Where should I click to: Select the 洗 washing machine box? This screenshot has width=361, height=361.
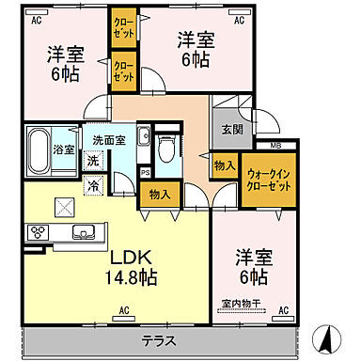[92, 160]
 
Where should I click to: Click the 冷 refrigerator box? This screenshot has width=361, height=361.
[94, 186]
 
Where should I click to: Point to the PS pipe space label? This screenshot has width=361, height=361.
[145, 172]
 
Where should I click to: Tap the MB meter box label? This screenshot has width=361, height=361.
[275, 144]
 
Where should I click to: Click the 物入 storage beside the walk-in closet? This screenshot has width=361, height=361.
[223, 165]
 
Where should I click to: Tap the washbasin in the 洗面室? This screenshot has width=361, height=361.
[143, 139]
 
